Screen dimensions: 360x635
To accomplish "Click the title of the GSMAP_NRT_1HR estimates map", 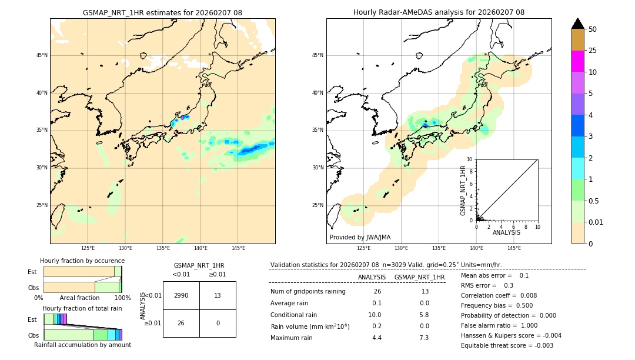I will [162, 12].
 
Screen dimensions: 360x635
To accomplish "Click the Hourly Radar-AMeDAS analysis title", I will [439, 12].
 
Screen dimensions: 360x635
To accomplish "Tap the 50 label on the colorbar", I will [593, 29].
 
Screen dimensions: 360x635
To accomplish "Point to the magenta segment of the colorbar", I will [577, 61].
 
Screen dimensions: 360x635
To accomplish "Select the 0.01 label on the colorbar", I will [596, 222].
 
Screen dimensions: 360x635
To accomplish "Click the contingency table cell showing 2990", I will [181, 295].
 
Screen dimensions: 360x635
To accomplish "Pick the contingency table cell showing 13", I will [218, 295].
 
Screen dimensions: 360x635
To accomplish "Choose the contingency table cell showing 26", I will [181, 323].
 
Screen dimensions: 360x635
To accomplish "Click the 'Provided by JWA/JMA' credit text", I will [360, 237].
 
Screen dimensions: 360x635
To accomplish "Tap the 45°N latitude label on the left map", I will [42, 55].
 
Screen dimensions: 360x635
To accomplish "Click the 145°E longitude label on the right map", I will [514, 248].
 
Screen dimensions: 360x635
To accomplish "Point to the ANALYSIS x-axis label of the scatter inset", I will [506, 232].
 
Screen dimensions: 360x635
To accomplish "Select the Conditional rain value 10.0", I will [375, 315].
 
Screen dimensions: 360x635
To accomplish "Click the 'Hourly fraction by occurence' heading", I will [82, 261].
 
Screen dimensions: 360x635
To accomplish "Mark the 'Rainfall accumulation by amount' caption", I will [82, 345].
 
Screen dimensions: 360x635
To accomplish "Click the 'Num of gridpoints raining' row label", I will [308, 291].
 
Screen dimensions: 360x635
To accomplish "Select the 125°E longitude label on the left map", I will [88, 248].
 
